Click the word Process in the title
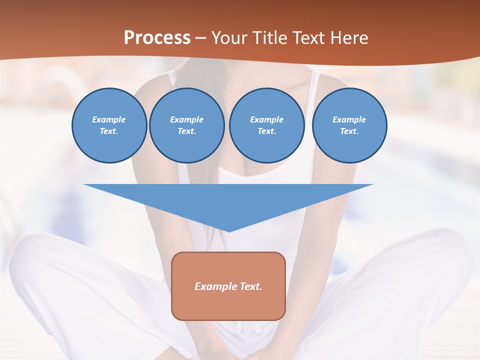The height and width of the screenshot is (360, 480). (x=157, y=38)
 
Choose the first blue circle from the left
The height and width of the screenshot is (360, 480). (x=109, y=125)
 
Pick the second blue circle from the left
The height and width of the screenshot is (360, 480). (x=186, y=125)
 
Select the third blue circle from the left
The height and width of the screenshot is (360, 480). (x=266, y=125)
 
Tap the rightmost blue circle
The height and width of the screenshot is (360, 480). (x=349, y=125)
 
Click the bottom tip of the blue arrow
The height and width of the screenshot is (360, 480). (x=228, y=230)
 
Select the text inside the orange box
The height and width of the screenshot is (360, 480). (x=228, y=286)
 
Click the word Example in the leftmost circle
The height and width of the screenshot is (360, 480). (x=109, y=119)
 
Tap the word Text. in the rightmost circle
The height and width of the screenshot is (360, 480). (x=349, y=131)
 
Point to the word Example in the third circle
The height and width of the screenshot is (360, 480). (x=266, y=119)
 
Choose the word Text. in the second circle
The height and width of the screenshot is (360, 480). (x=186, y=131)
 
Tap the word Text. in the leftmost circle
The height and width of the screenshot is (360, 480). (x=109, y=131)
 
